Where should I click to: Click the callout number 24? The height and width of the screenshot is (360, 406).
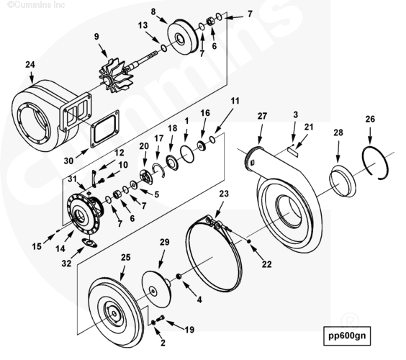coord(30,65)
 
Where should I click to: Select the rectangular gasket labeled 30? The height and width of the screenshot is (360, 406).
coord(105,129)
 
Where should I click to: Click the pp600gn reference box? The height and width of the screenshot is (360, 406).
coord(347,336)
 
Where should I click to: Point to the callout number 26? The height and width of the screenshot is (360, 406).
coord(370,119)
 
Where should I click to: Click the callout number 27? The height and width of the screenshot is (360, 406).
coord(262,116)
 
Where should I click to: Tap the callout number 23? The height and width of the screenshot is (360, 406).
coord(224,194)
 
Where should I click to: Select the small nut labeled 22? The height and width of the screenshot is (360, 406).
coord(248,241)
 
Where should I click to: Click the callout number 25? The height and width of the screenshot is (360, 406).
coord(125,257)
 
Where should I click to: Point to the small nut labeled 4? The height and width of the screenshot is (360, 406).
coord(179,276)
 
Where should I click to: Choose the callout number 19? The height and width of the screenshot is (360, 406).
coord(189,330)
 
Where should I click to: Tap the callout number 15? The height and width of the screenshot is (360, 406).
coord(37,246)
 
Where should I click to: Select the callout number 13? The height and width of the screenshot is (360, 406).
coord(143,25)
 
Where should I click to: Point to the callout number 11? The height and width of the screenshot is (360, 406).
coord(235,101)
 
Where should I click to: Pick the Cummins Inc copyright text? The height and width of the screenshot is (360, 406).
coord(36,4)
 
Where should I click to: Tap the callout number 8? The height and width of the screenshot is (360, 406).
coord(153,12)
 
